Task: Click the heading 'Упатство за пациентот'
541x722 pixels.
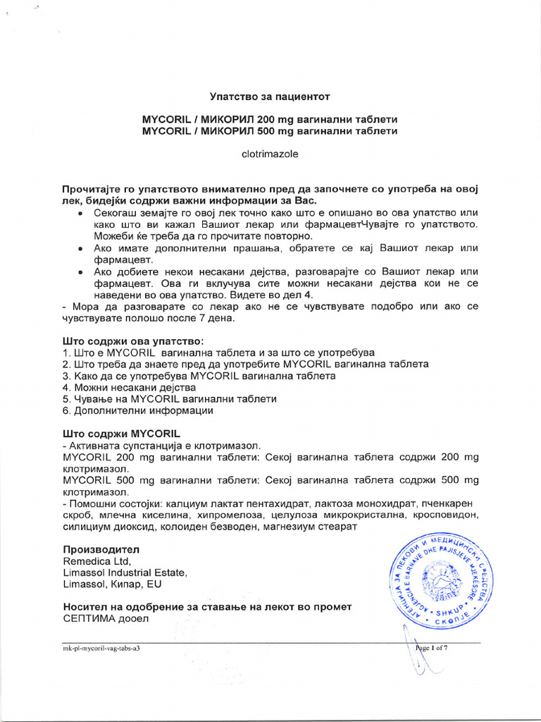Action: [270, 95]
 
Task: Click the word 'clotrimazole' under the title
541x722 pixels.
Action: [270, 154]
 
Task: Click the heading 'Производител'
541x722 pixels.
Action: [101, 549]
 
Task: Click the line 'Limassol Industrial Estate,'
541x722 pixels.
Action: [125, 573]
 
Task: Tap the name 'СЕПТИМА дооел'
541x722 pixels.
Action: [106, 618]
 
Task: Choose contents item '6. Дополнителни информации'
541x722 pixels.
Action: [137, 410]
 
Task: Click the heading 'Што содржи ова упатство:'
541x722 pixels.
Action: [133, 341]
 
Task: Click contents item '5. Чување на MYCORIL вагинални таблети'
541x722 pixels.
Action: [169, 398]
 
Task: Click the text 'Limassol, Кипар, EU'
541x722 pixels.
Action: [112, 585]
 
